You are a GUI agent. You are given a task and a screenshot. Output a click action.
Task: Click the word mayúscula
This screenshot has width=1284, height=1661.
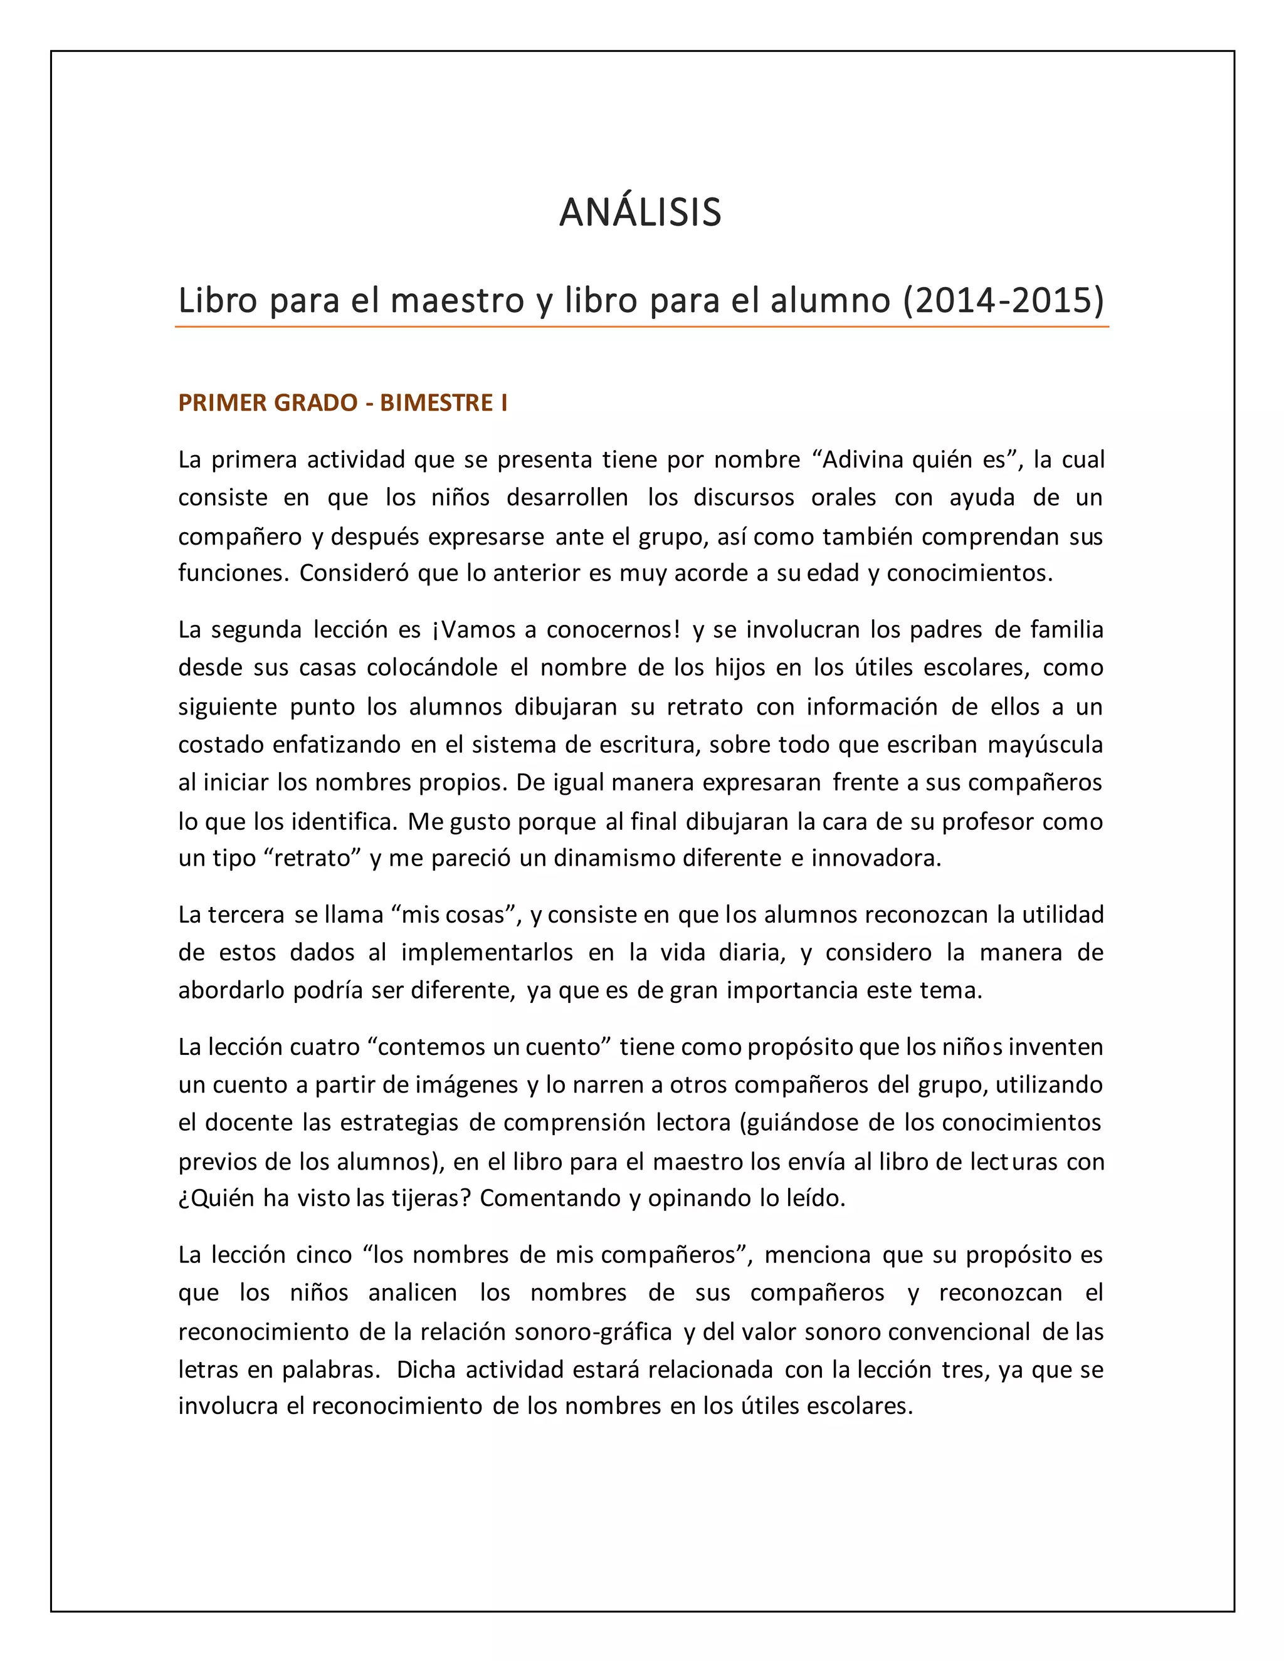pos(1045,744)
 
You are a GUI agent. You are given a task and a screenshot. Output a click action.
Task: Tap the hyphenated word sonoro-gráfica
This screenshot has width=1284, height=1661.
pos(593,1332)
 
